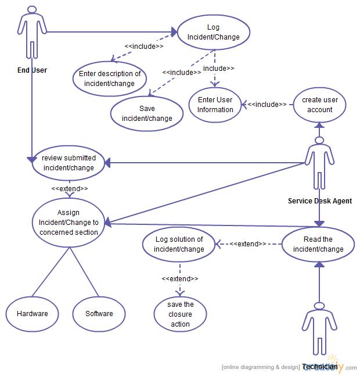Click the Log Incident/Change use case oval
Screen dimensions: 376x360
pyautogui.click(x=213, y=32)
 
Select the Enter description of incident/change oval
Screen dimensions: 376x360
pyautogui.click(x=110, y=78)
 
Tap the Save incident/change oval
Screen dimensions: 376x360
pyautogui.click(x=147, y=113)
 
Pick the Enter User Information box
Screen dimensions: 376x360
pyautogui.click(x=215, y=105)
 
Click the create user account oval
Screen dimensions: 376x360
pyautogui.click(x=319, y=105)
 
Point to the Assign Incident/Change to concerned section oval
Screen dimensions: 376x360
pyautogui.click(x=69, y=223)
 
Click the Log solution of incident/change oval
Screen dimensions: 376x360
pyautogui.click(x=179, y=244)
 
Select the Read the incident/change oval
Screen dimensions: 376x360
pyautogui.click(x=318, y=244)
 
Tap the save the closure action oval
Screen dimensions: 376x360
pyautogui.click(x=181, y=314)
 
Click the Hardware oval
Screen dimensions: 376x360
pyautogui.click(x=33, y=314)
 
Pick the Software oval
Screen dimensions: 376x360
pyautogui.click(x=99, y=314)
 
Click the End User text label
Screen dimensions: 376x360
pyautogui.click(x=32, y=70)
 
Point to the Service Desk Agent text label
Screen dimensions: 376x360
pyautogui.click(x=319, y=201)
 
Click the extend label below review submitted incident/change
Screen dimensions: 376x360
pyautogui.click(x=70, y=189)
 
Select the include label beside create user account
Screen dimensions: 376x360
pyautogui.click(x=268, y=105)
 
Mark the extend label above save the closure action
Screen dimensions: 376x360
pyautogui.click(x=180, y=279)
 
